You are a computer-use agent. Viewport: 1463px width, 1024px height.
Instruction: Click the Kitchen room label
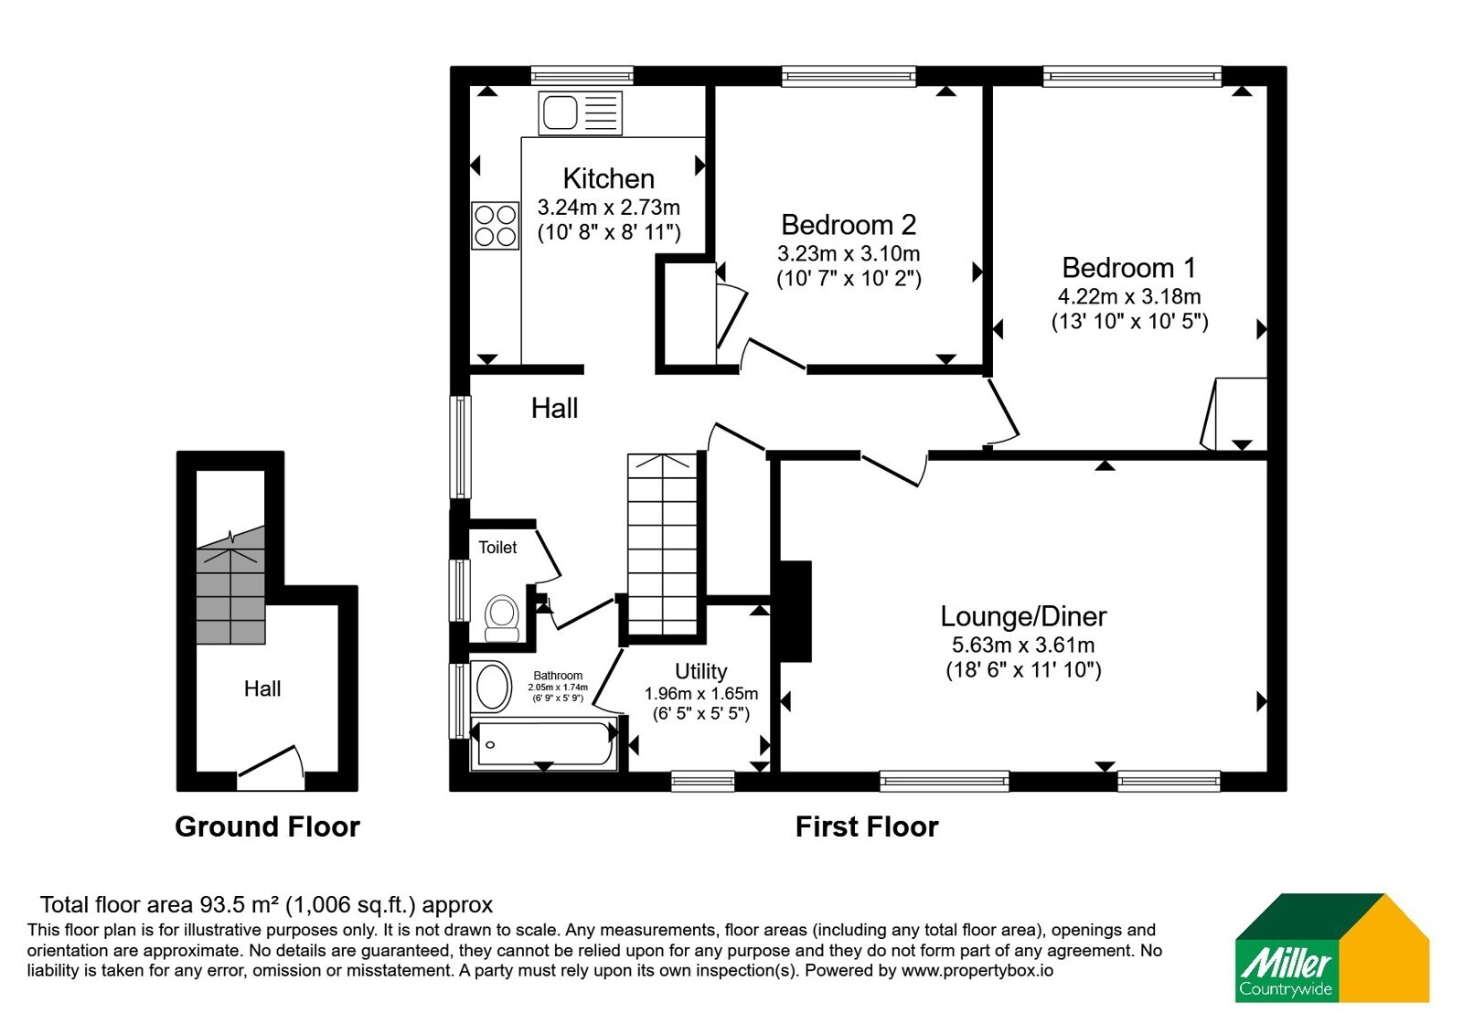(609, 178)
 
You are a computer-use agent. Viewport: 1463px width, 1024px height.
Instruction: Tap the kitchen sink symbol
(580, 113)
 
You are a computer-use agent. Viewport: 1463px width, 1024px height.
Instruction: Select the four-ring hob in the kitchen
(495, 225)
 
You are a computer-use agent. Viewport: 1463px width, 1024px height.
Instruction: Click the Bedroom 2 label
(849, 225)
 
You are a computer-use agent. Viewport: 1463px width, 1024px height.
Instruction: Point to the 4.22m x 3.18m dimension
(1129, 296)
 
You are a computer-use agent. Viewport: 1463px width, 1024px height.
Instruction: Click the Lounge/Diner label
(1023, 616)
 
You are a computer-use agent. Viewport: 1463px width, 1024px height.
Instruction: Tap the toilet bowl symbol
(502, 618)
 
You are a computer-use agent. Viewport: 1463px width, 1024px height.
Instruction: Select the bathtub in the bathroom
(543, 743)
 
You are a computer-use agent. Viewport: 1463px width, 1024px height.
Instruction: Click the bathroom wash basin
(494, 687)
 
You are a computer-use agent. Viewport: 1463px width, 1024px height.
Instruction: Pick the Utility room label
(700, 671)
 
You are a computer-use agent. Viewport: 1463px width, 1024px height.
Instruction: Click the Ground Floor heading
(267, 827)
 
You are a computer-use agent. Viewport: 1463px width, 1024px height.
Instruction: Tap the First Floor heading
(867, 827)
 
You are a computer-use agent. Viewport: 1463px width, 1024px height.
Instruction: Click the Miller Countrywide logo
(1331, 947)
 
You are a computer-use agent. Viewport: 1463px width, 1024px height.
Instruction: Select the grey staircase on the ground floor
(230, 585)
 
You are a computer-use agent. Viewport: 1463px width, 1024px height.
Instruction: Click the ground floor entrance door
(271, 769)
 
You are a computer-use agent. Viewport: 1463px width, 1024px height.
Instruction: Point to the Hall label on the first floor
(554, 408)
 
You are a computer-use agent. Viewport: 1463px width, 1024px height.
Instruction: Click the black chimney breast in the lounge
(796, 612)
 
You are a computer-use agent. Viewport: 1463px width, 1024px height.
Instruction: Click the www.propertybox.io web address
(977, 970)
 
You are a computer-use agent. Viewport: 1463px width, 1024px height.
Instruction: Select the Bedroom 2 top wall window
(849, 77)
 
